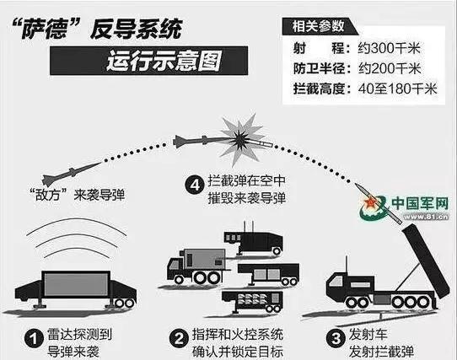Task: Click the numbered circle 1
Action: point(34,339)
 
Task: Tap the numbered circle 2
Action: point(179,339)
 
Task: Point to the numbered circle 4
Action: point(195,185)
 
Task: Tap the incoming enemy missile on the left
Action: point(72,174)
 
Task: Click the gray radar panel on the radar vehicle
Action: point(76,284)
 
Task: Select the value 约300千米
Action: point(389,48)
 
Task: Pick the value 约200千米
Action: point(390,68)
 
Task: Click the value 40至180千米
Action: point(397,89)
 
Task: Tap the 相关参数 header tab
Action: point(320,26)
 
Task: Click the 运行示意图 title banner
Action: point(149,61)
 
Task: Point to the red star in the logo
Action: point(370,202)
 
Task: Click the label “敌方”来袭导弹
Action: point(78,196)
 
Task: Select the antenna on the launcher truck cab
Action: point(347,265)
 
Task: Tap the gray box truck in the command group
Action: point(196,266)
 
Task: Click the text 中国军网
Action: point(420,203)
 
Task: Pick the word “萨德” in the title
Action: point(46,29)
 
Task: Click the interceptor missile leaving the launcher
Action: point(379,203)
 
